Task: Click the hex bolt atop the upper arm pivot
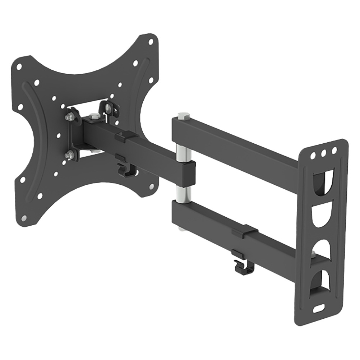(183, 116)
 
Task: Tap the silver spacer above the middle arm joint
(182, 151)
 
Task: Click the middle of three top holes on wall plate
(324, 152)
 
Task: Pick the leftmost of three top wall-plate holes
(314, 155)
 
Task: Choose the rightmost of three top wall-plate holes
(334, 149)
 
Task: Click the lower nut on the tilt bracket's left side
(69, 155)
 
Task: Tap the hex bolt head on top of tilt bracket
(94, 116)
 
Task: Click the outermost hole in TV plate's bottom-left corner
(24, 218)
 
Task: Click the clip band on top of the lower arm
(245, 231)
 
